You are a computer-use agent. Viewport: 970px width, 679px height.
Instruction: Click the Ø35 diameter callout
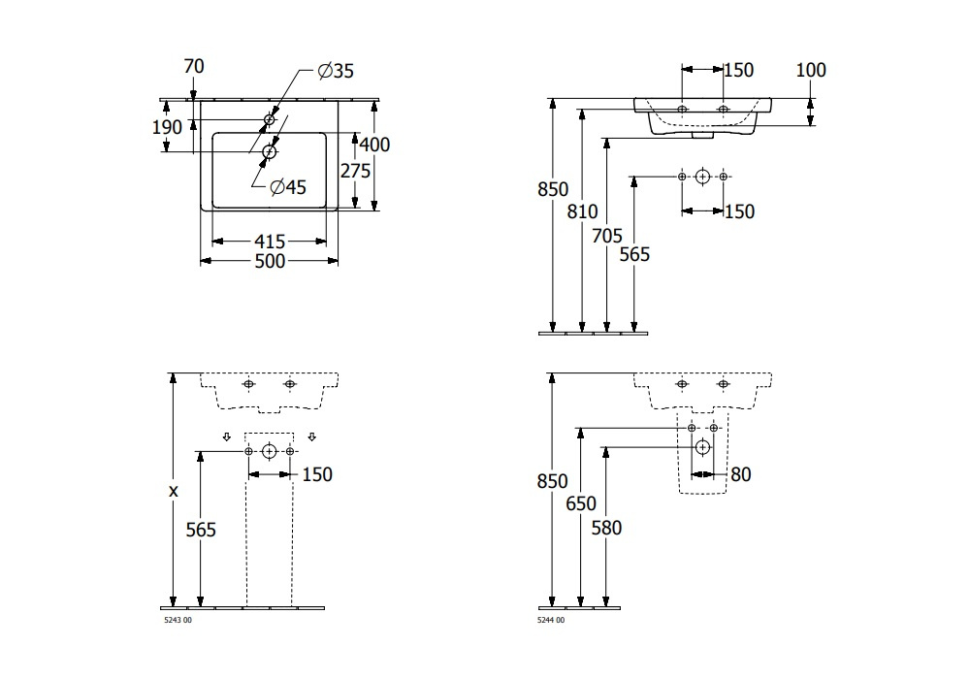coord(336,71)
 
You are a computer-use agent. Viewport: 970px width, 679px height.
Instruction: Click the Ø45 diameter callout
coord(288,187)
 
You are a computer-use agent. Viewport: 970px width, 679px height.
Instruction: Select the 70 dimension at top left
coord(194,66)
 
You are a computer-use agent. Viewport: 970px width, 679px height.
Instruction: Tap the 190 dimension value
coord(167,127)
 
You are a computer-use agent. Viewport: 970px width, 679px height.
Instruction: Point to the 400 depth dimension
coord(374,145)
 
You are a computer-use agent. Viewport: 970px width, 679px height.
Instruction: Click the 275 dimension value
coord(355,171)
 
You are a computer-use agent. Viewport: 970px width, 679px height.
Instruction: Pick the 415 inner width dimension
coord(270,241)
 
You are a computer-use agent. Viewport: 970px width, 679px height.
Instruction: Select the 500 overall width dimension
coord(270,261)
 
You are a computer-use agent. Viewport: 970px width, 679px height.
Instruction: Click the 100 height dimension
coord(810,70)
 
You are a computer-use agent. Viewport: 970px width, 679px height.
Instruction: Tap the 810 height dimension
coord(582,211)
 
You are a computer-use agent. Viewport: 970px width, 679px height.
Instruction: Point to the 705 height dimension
coord(607,236)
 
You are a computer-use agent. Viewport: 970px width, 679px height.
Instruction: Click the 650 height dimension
coord(581,504)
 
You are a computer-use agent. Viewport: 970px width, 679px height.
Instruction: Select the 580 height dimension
coord(606,528)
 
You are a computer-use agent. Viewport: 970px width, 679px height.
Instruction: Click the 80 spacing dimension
coord(740,474)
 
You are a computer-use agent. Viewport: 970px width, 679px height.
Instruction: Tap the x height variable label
coord(174,491)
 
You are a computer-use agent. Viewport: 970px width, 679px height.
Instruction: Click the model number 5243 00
coord(178,620)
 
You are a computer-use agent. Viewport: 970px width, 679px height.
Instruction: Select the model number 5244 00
coord(551,620)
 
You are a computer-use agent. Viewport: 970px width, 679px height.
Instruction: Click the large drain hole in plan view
coord(269,151)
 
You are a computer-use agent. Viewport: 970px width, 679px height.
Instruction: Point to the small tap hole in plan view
coord(269,118)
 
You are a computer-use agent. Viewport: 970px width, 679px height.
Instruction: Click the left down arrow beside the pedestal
coord(226,437)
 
